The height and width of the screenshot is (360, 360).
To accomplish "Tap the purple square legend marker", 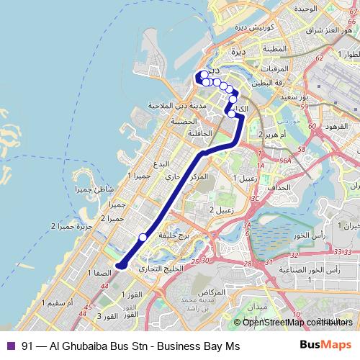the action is tap(10, 345).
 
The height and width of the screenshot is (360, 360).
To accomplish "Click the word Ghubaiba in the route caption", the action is tap(78, 345).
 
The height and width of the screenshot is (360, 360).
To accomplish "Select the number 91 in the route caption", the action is tap(28, 345).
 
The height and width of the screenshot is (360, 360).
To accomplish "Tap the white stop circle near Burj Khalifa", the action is tap(143, 237).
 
